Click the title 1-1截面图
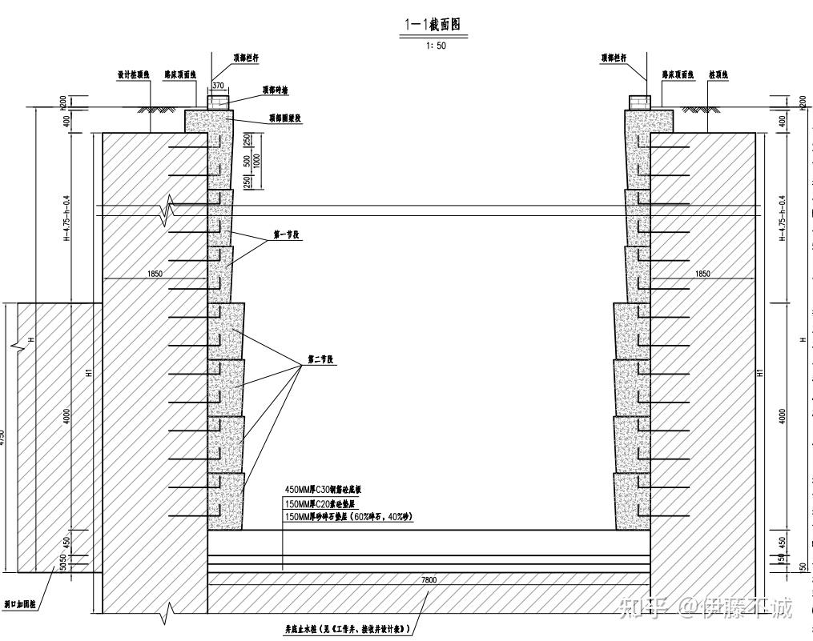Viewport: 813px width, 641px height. tap(433, 26)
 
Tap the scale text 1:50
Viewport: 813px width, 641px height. tap(437, 46)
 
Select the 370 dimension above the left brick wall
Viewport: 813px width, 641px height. tap(219, 84)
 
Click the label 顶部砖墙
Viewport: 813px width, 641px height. tap(275, 90)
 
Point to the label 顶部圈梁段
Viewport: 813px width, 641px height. tap(284, 118)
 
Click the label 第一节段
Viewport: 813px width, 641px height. tap(286, 235)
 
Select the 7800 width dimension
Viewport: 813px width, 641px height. tap(429, 579)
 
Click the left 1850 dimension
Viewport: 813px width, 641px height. tap(155, 274)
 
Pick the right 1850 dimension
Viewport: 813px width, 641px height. tap(702, 274)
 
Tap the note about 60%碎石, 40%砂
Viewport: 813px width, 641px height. tap(348, 518)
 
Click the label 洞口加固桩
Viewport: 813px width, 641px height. tap(20, 606)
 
